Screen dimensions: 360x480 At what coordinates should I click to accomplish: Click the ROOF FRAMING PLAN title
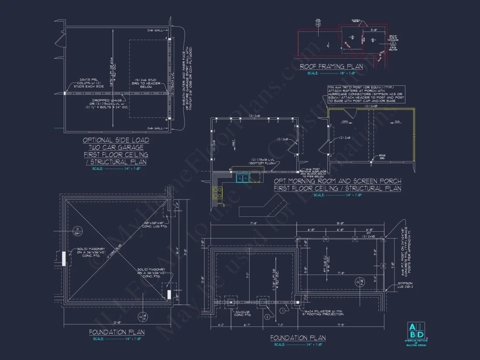[x=331, y=67]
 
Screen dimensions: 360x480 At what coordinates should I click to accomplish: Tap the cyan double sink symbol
[x=242, y=178]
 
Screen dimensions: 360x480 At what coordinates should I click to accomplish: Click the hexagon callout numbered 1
[x=282, y=310]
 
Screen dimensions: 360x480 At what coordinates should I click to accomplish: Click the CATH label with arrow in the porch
[x=345, y=121]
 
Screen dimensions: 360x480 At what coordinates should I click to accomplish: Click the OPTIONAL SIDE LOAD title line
[x=116, y=140]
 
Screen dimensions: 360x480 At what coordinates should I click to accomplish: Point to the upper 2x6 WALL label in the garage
[x=155, y=31]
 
